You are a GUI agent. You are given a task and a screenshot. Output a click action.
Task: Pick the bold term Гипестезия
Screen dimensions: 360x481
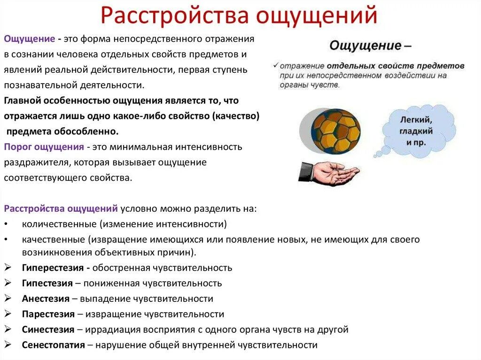pyautogui.click(x=47, y=283)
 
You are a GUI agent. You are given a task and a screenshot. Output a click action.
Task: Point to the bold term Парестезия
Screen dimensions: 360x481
pyautogui.click(x=48, y=314)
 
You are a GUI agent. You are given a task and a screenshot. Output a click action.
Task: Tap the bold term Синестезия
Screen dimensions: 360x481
pyautogui.click(x=48, y=329)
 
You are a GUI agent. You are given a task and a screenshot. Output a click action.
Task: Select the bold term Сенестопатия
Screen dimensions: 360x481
pyautogui.click(x=53, y=345)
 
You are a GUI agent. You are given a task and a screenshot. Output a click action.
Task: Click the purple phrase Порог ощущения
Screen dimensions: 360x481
pyautogui.click(x=44, y=147)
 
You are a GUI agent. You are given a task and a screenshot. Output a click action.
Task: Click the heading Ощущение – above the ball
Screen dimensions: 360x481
pyautogui.click(x=370, y=46)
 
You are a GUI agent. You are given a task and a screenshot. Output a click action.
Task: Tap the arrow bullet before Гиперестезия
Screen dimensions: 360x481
pyautogui.click(x=8, y=268)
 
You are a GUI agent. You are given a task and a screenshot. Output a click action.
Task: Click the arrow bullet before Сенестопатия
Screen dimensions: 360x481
pyautogui.click(x=8, y=345)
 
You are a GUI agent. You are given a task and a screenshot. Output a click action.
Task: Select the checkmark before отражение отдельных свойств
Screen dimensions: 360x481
pyautogui.click(x=276, y=65)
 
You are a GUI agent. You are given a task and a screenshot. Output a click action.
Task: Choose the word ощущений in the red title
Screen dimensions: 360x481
pyautogui.click(x=317, y=16)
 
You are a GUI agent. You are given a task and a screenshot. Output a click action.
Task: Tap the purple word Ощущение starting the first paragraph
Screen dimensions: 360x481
pyautogui.click(x=29, y=38)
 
